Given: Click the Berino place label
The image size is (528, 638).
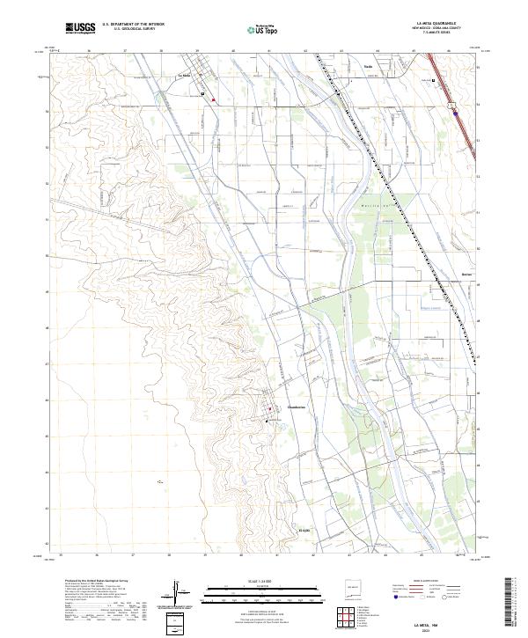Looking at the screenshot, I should point(467,273).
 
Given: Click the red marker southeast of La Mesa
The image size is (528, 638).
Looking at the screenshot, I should point(213,99).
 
